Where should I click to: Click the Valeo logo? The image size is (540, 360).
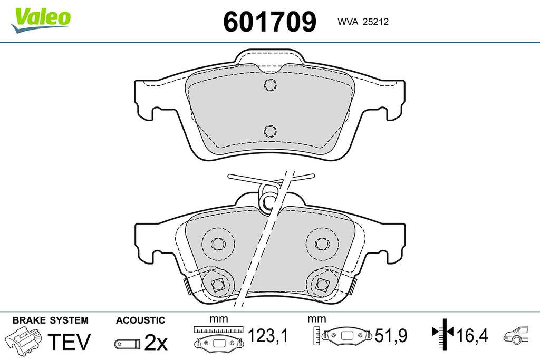coord(41,20)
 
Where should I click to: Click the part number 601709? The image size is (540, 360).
coord(269,22)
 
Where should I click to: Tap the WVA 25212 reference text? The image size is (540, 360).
coord(363,22)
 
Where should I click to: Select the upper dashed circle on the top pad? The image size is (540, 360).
coord(271,84)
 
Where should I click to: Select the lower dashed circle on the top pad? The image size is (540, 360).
coord(271,131)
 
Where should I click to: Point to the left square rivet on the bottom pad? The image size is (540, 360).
coord(217,284)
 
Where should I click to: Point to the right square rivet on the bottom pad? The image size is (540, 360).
coord(322,284)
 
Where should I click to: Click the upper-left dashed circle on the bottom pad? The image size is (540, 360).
coord(218,244)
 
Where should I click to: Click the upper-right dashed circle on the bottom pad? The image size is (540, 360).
coord(322,244)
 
